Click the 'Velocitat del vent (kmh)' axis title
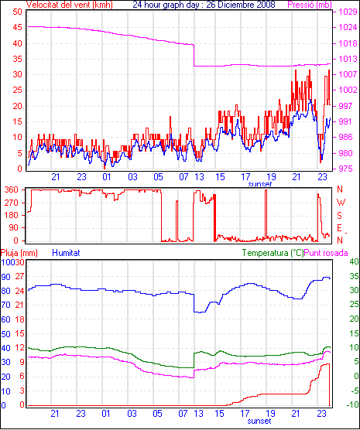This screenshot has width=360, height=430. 69,5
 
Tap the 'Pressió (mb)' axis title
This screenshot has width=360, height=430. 310,5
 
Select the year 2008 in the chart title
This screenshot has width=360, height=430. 266,5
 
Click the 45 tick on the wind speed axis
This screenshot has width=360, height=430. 17,27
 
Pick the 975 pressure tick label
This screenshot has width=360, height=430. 345,169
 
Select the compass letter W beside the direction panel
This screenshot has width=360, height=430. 341,203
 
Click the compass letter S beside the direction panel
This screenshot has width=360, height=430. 340,216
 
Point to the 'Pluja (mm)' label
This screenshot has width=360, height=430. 19,253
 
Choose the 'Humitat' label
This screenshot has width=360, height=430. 66,253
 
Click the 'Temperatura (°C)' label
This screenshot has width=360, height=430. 273,253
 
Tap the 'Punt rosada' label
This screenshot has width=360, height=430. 326,253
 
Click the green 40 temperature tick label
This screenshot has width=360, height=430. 355,261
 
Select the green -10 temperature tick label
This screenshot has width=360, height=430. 352,404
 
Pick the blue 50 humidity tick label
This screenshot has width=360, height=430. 5,334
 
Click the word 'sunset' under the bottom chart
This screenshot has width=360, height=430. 259,421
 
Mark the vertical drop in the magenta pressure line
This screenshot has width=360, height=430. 194,55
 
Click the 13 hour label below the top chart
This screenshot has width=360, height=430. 199,177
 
